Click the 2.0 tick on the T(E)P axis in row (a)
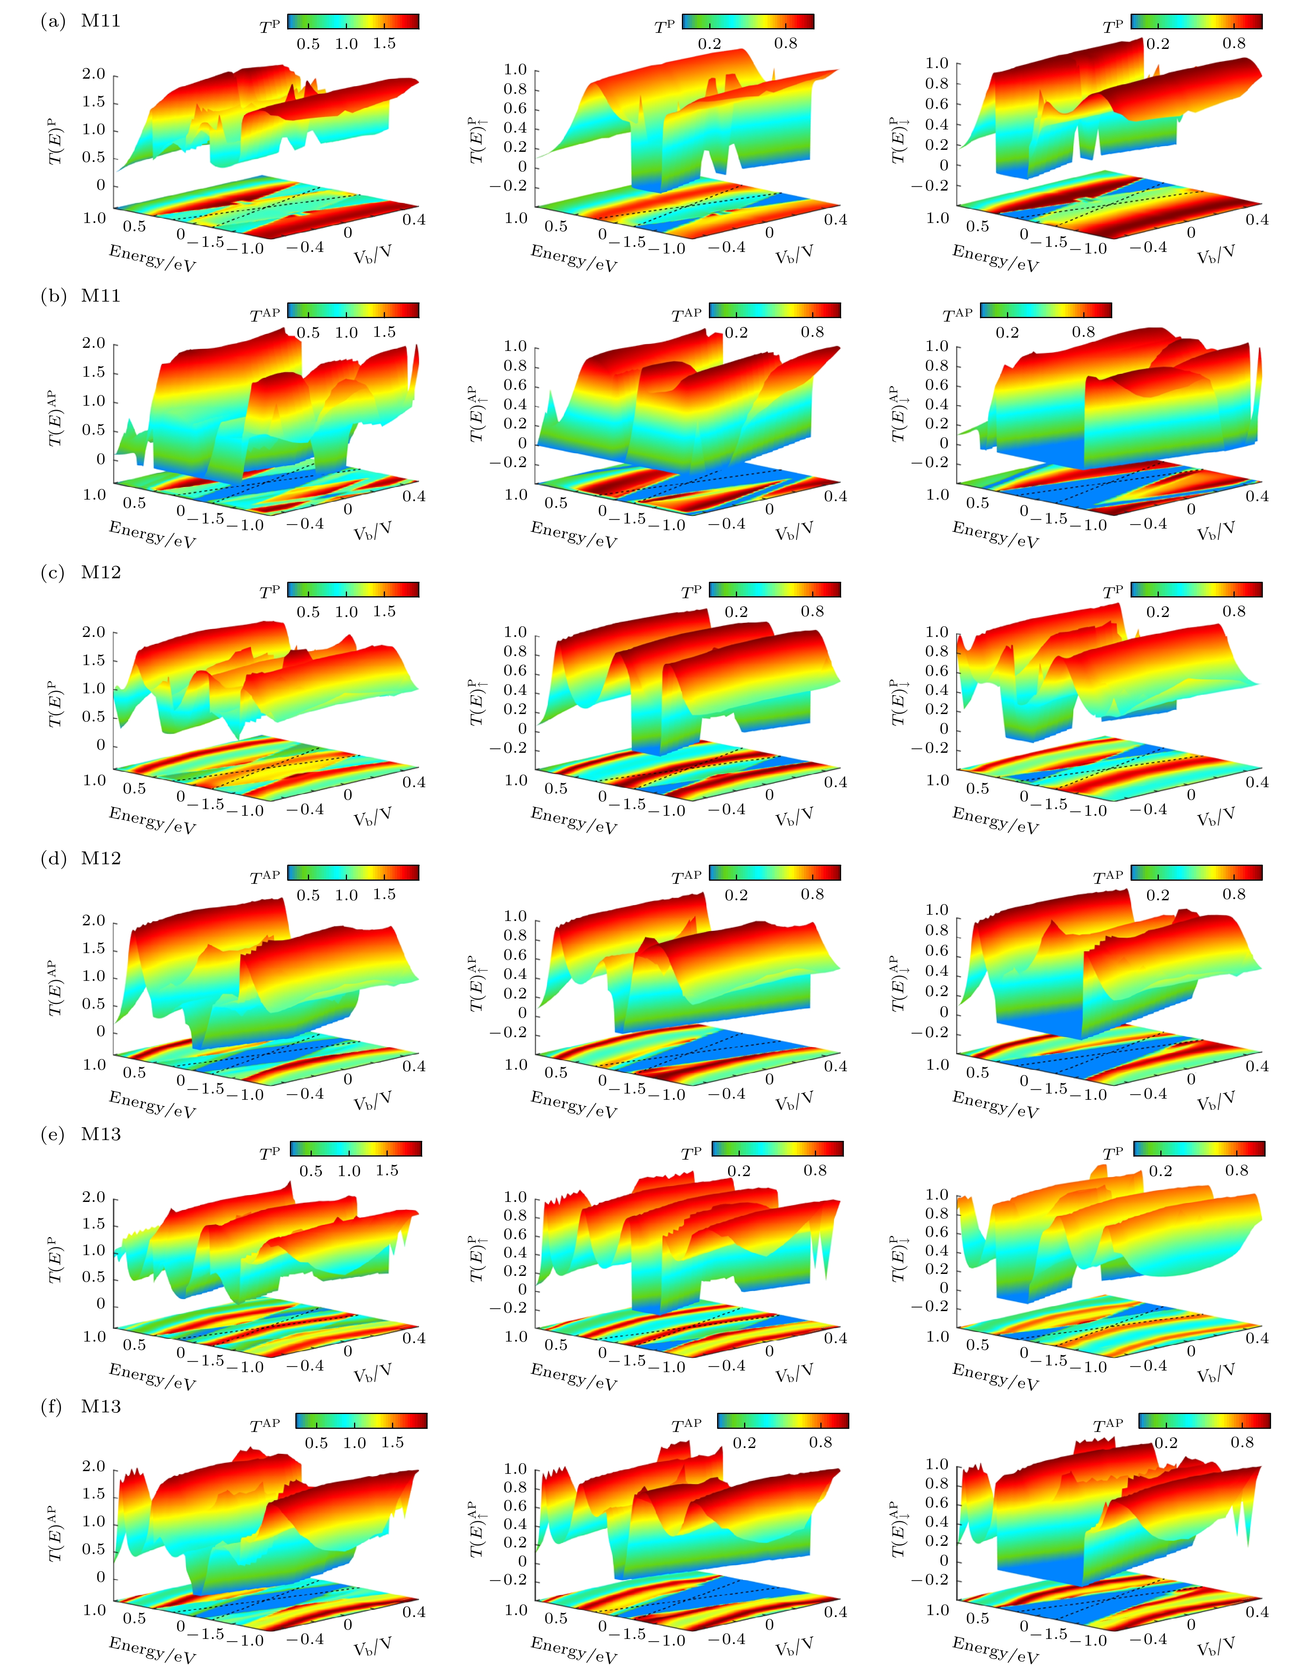tap(93, 74)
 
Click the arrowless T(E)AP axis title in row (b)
tap(54, 418)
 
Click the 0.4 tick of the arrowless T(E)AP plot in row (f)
tap(414, 1612)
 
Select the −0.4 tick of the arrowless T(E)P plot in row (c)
tap(305, 809)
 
